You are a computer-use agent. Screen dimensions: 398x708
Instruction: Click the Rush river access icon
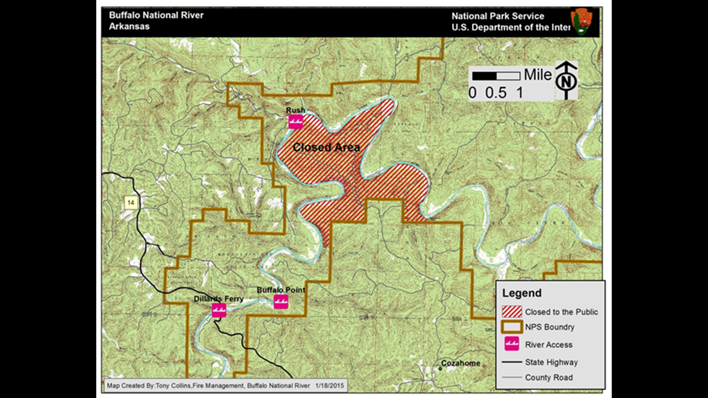tap(296, 122)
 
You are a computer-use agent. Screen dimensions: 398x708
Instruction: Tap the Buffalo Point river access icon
tap(281, 302)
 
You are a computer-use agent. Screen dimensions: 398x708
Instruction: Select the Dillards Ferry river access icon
tap(218, 310)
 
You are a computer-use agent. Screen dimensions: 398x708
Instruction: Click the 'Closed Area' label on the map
tap(326, 148)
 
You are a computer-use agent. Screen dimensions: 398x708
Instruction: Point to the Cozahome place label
tap(461, 363)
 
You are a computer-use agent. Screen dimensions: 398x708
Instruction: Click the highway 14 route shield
tap(130, 202)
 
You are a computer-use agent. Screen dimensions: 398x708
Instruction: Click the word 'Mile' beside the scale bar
tap(537, 75)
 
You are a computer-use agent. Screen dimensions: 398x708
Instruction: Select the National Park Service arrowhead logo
tap(581, 22)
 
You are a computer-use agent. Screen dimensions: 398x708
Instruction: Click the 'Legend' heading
tap(522, 293)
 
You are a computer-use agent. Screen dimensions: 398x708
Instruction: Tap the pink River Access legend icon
tap(512, 344)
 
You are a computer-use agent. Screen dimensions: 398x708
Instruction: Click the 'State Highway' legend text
tap(551, 362)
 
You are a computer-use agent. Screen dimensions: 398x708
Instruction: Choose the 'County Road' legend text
tap(548, 378)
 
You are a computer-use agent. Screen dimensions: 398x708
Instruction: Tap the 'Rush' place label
tap(295, 111)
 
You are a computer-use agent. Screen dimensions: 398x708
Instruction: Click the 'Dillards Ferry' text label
tap(218, 299)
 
